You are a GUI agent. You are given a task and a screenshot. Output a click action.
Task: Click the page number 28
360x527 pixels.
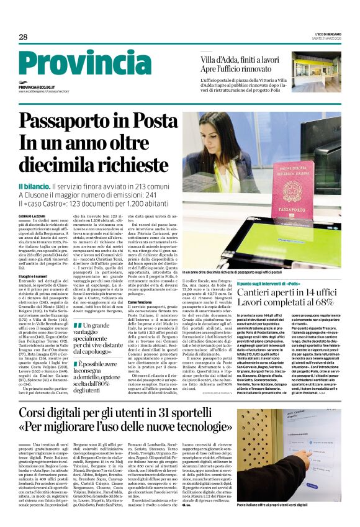(23, 37)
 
